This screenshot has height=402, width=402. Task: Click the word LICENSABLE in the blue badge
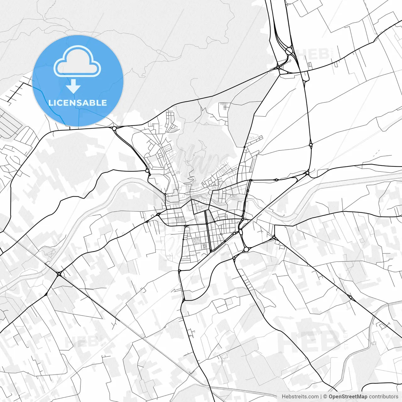pyautogui.click(x=78, y=103)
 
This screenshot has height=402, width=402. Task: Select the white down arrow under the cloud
pyautogui.click(x=73, y=86)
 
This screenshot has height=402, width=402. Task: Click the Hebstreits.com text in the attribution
pyautogui.click(x=300, y=397)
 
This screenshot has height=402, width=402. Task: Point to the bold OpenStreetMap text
pyautogui.click(x=348, y=397)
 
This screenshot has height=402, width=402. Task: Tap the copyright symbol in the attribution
pyautogui.click(x=325, y=397)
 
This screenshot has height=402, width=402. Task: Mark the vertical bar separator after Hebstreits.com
pyautogui.click(x=321, y=397)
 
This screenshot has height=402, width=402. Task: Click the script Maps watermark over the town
pyautogui.click(x=201, y=160)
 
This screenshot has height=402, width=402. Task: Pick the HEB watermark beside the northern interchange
pyautogui.click(x=314, y=54)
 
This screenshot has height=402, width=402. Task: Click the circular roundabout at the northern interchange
pyautogui.click(x=289, y=50)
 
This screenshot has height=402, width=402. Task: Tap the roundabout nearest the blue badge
pyautogui.click(x=114, y=128)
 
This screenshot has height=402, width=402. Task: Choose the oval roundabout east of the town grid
pyautogui.click(x=241, y=232)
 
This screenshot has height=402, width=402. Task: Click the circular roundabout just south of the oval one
pyautogui.click(x=246, y=249)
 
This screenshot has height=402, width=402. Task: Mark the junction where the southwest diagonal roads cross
pyautogui.click(x=59, y=274)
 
